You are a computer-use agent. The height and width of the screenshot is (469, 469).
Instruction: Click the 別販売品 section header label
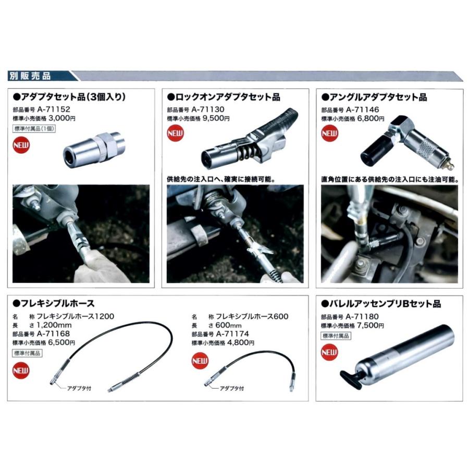(30, 76)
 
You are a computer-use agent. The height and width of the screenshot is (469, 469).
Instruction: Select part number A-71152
(54, 110)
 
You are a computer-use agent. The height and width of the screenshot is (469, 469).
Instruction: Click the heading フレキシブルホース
(50, 303)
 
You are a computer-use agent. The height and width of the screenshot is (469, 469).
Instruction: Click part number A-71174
(232, 334)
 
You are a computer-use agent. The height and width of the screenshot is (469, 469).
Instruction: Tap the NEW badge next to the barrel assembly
(329, 353)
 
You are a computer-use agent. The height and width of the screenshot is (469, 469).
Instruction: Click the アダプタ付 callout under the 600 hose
(232, 388)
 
